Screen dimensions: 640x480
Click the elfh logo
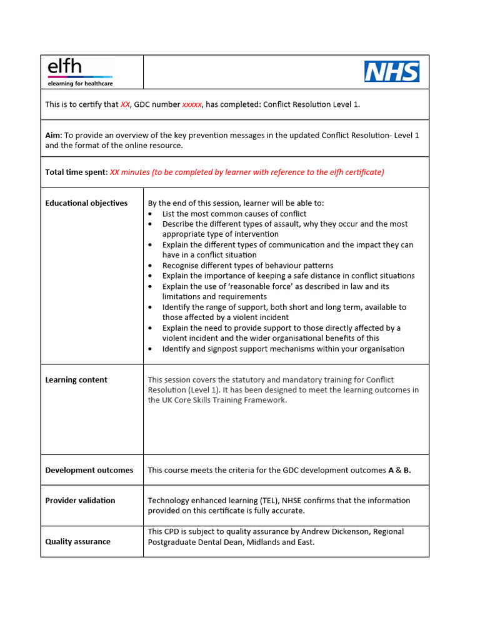click(x=79, y=72)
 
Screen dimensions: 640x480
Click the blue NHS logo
click(x=392, y=72)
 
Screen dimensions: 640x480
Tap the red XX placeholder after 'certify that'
click(x=125, y=104)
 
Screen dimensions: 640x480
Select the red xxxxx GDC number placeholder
click(x=192, y=104)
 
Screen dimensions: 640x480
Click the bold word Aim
click(x=52, y=136)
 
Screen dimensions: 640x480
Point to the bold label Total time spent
click(x=76, y=172)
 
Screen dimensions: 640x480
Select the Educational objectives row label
click(x=86, y=203)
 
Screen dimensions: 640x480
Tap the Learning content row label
click(x=76, y=380)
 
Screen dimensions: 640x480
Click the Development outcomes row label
click(x=89, y=471)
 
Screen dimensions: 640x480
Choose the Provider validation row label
click(x=80, y=501)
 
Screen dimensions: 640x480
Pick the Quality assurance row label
click(x=77, y=542)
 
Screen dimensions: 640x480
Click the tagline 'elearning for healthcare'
click(x=80, y=83)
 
